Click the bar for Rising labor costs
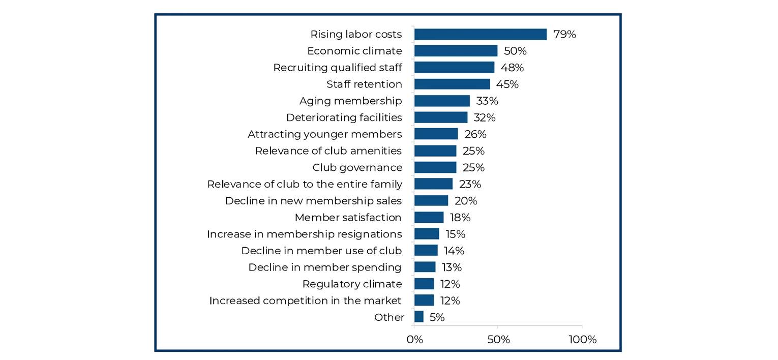pos(480,34)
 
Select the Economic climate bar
pos(456,51)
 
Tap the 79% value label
pos(564,35)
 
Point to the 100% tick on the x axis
pos(582,340)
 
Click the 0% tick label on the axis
pos(415,340)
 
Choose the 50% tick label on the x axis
pos(498,340)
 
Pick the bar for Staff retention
pos(452,84)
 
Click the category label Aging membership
pos(350,101)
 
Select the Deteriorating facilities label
pos(344,117)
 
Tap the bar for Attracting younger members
pos(436,134)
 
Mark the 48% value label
pos(512,68)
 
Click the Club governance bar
pos(435,167)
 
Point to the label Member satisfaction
pos(348,218)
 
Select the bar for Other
pos(418,317)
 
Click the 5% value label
pos(437,317)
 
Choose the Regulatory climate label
pos(352,284)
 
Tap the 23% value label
pos(470,184)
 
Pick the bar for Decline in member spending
pos(425,267)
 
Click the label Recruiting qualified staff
pos(337,68)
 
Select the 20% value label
pos(466,201)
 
